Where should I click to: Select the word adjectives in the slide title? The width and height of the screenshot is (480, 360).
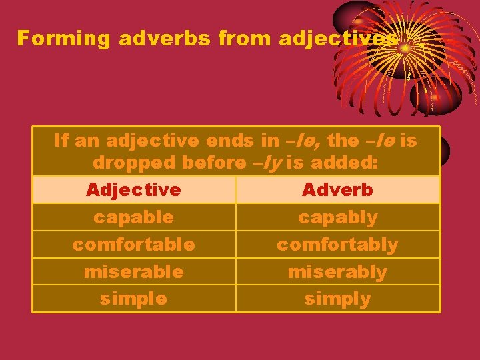[x=338, y=39]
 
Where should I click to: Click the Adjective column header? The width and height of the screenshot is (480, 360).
[x=133, y=190]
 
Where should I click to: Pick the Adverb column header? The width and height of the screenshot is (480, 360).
[x=337, y=190]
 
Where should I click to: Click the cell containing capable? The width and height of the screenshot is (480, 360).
[x=133, y=217]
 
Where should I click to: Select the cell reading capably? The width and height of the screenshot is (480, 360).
[x=337, y=217]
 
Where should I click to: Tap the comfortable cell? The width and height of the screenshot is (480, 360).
[x=133, y=245]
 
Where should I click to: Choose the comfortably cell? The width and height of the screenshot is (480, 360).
[x=337, y=245]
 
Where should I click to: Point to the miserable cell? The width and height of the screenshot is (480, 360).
[x=133, y=272]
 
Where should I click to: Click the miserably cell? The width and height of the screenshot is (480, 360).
[x=337, y=272]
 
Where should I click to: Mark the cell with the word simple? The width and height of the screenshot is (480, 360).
[x=133, y=299]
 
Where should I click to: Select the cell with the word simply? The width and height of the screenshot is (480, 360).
[x=337, y=299]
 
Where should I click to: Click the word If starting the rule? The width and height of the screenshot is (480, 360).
[x=61, y=141]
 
